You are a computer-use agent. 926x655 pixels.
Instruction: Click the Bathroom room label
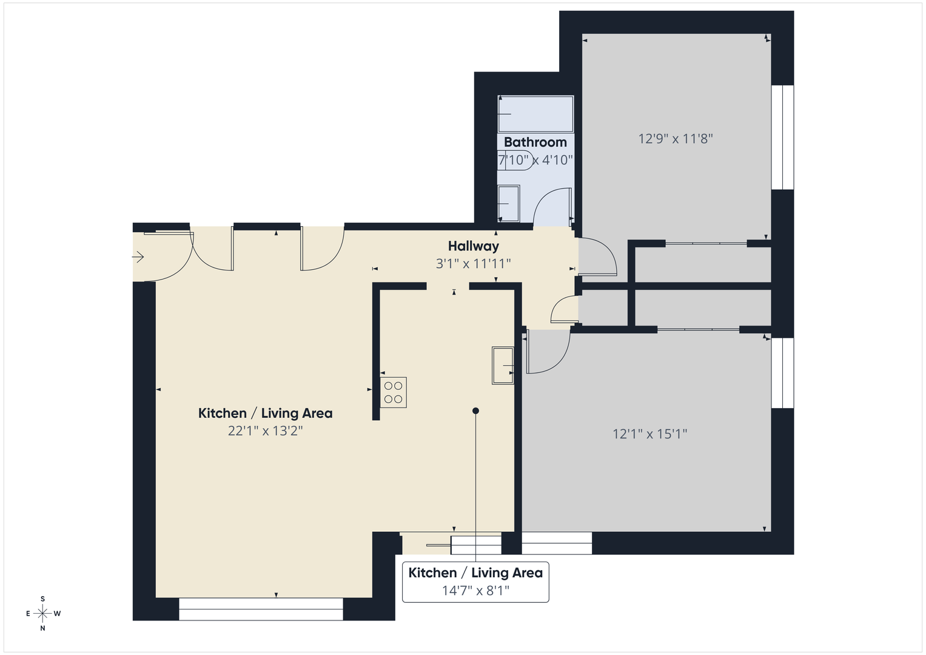coord(535,142)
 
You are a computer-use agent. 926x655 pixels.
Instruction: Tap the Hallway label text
coord(473,246)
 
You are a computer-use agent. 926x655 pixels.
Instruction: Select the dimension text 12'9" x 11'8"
coord(675,139)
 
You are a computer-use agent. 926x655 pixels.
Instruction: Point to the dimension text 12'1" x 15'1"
coord(649,434)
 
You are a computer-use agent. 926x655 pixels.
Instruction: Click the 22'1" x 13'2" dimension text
coord(265,431)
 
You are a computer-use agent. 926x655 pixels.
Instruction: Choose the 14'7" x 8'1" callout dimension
coord(475,590)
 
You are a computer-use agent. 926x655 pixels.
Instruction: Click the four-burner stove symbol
coord(393,392)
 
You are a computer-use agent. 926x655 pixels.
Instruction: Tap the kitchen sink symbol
coord(503,366)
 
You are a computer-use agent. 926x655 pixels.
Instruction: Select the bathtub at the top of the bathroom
coord(535,114)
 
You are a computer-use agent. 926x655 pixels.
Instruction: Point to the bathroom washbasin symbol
coord(508,204)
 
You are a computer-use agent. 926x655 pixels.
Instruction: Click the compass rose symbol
coord(42,613)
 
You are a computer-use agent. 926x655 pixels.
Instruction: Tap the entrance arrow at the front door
coord(138,257)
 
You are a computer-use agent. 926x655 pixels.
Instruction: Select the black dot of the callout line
coord(475,411)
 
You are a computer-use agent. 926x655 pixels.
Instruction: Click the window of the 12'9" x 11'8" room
coord(782,137)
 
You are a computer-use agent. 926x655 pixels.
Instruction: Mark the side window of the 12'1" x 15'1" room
coord(782,373)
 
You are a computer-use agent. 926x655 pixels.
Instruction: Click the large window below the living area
coord(261,609)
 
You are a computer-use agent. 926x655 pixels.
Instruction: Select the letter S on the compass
coord(42,599)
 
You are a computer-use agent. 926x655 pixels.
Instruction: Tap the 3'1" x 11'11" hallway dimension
coord(473,263)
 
